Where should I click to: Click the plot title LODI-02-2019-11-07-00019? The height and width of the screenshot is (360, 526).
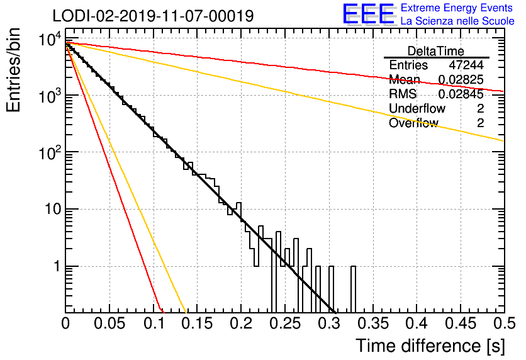coord(153,16)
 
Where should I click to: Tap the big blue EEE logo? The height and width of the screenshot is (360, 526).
coord(369,14)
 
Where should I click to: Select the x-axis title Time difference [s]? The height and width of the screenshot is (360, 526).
coord(430,346)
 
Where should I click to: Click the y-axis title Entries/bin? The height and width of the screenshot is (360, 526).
coord(13,70)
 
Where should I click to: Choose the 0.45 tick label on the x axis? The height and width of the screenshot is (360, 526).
coord(461,323)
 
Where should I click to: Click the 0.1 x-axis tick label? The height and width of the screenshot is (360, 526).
coord(154,323)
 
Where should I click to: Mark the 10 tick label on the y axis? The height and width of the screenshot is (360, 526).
coord(53,209)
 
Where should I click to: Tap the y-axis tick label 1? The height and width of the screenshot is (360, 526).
coord(57,266)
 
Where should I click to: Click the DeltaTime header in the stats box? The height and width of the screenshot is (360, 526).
coord(436,51)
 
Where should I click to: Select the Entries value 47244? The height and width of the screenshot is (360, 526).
coord(466,65)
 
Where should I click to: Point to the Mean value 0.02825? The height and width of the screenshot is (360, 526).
coord(461,79)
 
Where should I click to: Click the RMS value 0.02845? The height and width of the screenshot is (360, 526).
coord(461,94)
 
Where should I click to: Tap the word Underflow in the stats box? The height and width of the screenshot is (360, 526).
coord(417,108)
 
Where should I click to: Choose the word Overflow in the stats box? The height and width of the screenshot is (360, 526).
coord(413,123)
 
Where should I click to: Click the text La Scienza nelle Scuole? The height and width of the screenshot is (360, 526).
coord(457,21)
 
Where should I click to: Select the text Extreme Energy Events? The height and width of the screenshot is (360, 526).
coord(457,8)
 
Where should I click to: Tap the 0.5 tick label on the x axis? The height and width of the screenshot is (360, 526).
coord(505,323)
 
